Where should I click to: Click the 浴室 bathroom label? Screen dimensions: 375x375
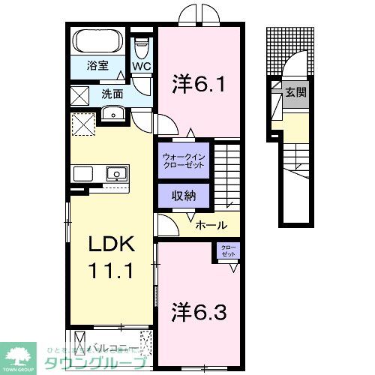97,65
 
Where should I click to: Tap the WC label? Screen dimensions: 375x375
142,66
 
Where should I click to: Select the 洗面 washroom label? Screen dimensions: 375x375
112,94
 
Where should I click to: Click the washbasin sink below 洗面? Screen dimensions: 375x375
113,114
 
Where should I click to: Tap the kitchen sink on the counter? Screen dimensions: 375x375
116,174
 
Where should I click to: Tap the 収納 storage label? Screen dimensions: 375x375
184,196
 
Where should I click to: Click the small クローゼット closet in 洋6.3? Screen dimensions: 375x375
226,252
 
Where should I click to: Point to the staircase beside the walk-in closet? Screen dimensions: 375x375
228,176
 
